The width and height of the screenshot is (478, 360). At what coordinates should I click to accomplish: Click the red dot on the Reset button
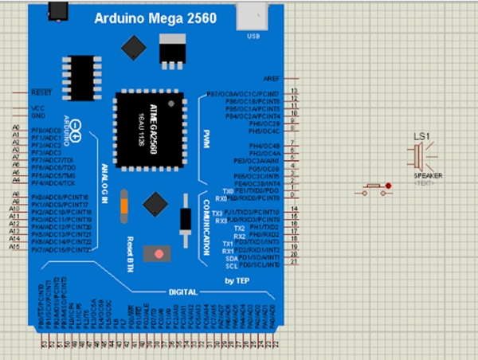[x=159, y=254]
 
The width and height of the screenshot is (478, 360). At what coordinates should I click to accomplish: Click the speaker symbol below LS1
[x=421, y=155]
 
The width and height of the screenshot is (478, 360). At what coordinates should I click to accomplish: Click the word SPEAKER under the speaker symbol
[x=428, y=175]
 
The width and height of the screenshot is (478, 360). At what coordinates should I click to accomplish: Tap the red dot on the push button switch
[x=388, y=187]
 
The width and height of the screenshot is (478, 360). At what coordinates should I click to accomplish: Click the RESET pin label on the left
[x=40, y=92]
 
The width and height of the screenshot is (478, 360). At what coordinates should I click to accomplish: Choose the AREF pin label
[x=272, y=80]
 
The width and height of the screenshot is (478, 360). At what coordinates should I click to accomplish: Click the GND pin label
[x=37, y=115]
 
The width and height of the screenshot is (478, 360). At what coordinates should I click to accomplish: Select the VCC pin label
[x=37, y=108]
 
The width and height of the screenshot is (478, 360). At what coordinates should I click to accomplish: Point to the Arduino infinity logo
[x=76, y=137]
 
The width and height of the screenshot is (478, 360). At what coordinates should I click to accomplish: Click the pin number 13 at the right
[x=295, y=92]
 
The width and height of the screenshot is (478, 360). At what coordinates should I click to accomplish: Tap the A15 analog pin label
[x=14, y=247]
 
